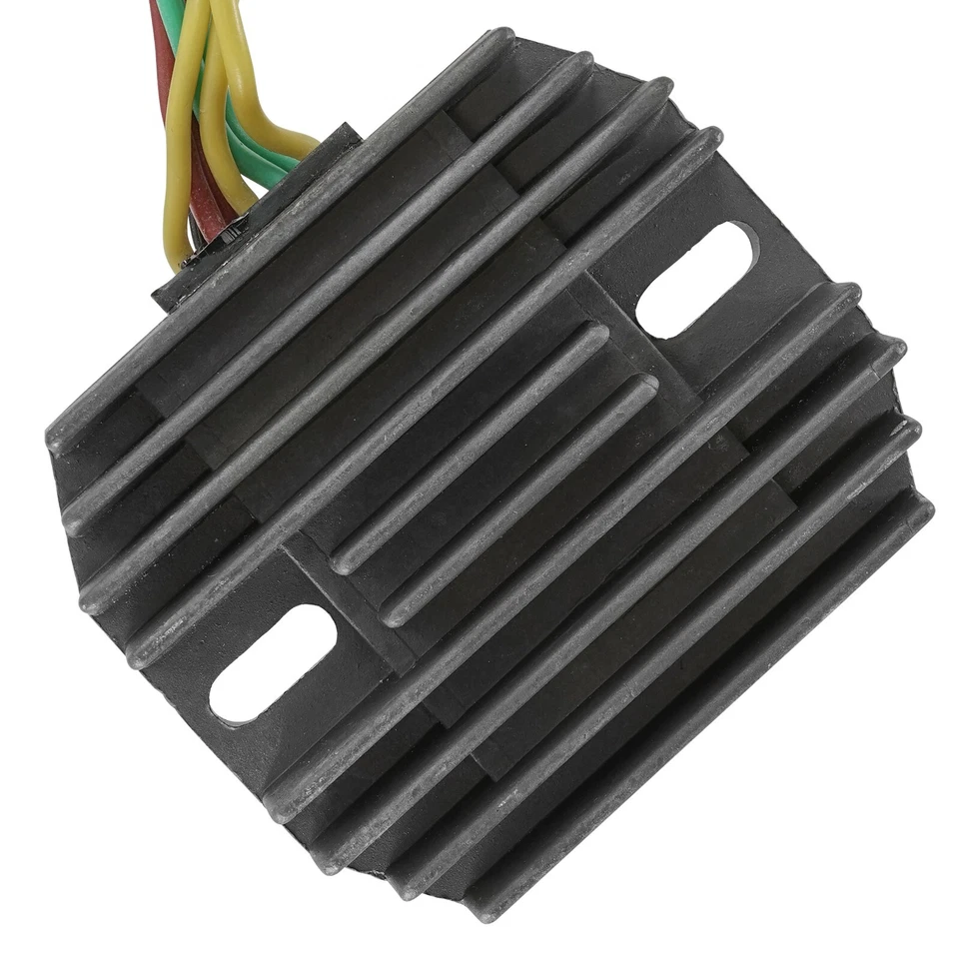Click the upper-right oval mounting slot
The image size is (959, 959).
(696, 280)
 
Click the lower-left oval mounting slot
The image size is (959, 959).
(272, 662)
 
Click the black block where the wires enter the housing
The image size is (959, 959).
(255, 215)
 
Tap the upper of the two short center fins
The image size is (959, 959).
(470, 450)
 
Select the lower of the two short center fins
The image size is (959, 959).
(519, 499)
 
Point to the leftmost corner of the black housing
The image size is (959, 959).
(50, 440)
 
